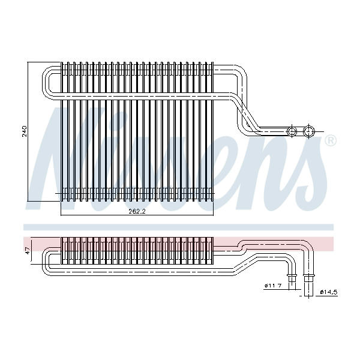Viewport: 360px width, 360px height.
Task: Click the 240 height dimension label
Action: click(x=25, y=131)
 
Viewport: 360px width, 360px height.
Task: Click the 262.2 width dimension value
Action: click(x=137, y=211)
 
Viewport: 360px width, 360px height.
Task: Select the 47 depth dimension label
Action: click(x=28, y=251)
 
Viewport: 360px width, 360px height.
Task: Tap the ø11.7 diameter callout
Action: click(x=273, y=286)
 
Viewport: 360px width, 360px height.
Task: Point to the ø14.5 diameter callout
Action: click(x=329, y=292)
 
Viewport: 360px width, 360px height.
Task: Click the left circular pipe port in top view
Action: click(x=292, y=131)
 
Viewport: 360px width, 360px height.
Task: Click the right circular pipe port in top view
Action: click(x=309, y=131)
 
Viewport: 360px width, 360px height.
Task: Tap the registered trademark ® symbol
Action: click(x=331, y=140)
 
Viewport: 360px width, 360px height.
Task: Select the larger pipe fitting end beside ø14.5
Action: click(x=309, y=284)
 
